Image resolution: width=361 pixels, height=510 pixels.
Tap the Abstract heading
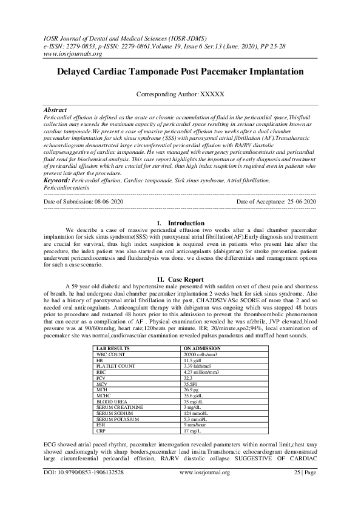point(56,110)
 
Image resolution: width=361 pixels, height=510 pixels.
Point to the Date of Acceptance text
point(276,200)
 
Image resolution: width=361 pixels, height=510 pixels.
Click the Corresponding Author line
point(180,96)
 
